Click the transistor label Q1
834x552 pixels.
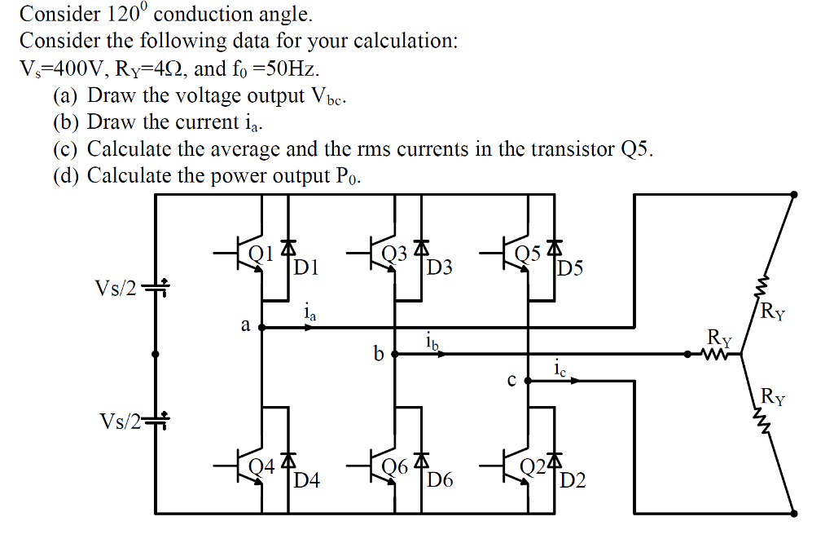pyautogui.click(x=260, y=254)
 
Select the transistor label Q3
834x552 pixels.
pyautogui.click(x=394, y=254)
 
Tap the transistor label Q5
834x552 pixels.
pyautogui.click(x=529, y=254)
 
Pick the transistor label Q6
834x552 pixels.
pyautogui.click(x=395, y=466)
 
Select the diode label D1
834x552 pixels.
pyautogui.click(x=307, y=267)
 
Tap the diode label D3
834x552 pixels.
pyautogui.click(x=440, y=267)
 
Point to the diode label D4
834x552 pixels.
pyautogui.click(x=307, y=480)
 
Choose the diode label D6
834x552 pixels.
pyautogui.click(x=440, y=480)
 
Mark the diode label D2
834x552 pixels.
pyautogui.click(x=573, y=480)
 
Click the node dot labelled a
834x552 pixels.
pyautogui.click(x=261, y=328)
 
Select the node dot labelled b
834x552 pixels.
pyautogui.click(x=395, y=355)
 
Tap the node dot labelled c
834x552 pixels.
pyautogui.click(x=529, y=381)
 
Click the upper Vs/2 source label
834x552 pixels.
pyautogui.click(x=116, y=289)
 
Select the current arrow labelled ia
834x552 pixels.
pyautogui.click(x=309, y=328)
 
